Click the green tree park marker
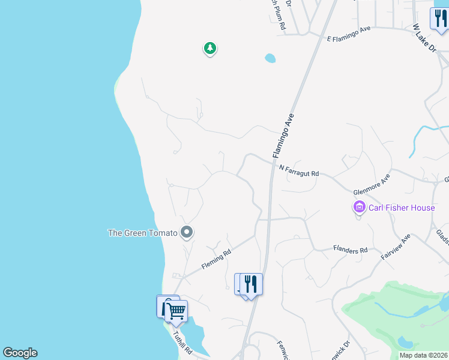[x=209, y=48]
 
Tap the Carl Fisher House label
[x=401, y=208]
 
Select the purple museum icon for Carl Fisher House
[x=359, y=208]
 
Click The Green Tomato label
[x=142, y=233]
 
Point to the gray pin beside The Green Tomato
[x=187, y=232]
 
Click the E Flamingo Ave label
[x=349, y=34]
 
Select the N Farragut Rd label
[x=298, y=170]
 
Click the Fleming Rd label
[x=216, y=260]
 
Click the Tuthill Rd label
[x=182, y=342]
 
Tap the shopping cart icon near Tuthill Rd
[x=176, y=311]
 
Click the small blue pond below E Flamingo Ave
[x=270, y=58]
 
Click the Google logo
[x=20, y=353]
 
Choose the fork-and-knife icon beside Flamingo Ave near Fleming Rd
[x=251, y=284]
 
